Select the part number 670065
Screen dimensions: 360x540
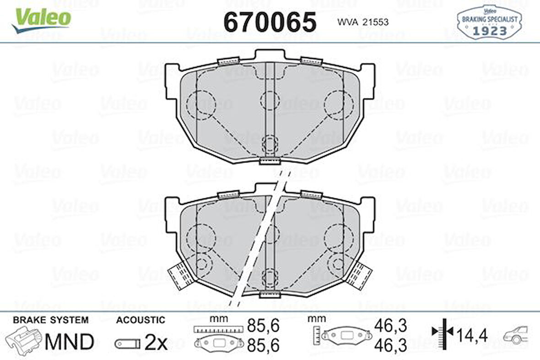pos(270,22)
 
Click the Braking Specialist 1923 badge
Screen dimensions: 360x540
pos(489,23)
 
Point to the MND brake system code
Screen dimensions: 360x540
pos(70,341)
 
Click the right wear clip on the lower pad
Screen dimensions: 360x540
pos(359,275)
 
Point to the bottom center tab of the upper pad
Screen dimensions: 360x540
pos(269,161)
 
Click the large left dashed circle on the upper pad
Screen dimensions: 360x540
pos(200,103)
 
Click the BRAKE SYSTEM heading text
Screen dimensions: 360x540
pos(51,320)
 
